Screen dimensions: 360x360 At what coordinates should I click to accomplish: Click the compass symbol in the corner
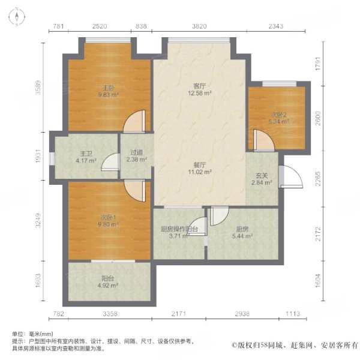[x=17, y=17]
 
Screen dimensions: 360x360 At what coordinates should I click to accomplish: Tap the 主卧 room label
[x=108, y=88]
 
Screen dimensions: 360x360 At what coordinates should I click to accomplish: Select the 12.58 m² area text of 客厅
[x=200, y=93]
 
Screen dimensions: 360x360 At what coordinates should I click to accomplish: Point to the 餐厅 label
[x=200, y=165]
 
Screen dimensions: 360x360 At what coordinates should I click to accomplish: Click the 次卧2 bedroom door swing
[x=263, y=140]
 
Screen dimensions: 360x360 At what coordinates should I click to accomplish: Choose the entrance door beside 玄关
[x=290, y=176]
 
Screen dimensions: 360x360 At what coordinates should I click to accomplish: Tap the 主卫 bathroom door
[x=110, y=162]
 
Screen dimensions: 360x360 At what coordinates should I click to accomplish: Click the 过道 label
[x=137, y=152]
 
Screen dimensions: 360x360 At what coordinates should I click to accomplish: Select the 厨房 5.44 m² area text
[x=242, y=236]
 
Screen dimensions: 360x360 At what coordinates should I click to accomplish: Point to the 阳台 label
[x=107, y=278]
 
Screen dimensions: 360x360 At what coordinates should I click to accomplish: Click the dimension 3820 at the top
[x=199, y=26]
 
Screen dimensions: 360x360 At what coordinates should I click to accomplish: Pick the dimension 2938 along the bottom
[x=242, y=314]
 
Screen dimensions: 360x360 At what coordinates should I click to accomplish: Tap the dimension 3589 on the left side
[x=38, y=87]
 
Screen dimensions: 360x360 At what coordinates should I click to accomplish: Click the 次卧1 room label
[x=108, y=217]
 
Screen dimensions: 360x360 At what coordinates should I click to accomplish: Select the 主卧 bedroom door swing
[x=134, y=122]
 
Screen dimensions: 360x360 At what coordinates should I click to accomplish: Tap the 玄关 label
[x=262, y=176]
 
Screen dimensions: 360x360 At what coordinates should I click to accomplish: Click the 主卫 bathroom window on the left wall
[x=52, y=158]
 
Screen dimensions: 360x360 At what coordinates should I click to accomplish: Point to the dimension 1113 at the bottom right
[x=293, y=314]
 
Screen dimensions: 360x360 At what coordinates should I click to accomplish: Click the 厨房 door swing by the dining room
[x=219, y=216]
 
